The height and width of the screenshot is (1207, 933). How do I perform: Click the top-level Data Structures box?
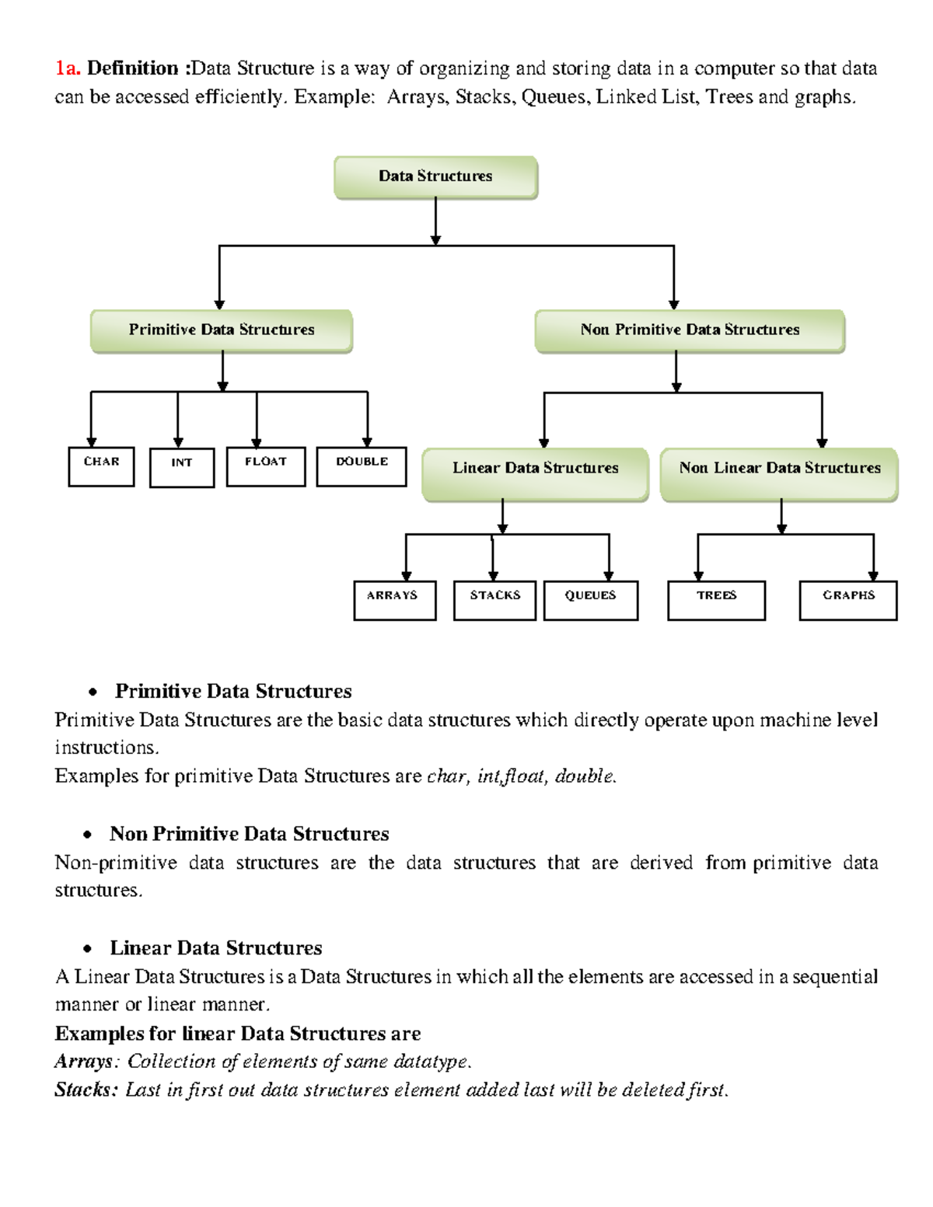click(435, 177)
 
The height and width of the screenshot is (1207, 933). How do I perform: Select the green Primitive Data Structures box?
click(222, 330)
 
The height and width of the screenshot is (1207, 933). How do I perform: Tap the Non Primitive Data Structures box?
click(690, 330)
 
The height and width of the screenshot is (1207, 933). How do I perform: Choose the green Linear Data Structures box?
click(535, 473)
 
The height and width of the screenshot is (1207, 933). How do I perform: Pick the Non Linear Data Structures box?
click(779, 473)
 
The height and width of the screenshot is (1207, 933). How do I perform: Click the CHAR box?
click(101, 466)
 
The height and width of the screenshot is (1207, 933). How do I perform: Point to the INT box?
click(182, 467)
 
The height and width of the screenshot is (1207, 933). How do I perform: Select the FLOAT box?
click(266, 466)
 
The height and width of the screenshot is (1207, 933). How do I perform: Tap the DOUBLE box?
click(362, 466)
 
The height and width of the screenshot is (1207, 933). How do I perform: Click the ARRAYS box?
click(395, 600)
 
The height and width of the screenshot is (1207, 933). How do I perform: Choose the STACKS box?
click(494, 600)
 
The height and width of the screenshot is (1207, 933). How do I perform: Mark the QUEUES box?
click(591, 600)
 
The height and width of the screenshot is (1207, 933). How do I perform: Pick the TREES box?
click(716, 600)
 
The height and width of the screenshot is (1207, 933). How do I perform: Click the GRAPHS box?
click(848, 600)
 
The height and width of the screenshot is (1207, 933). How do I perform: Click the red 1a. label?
click(67, 68)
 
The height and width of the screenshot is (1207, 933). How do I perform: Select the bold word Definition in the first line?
click(133, 68)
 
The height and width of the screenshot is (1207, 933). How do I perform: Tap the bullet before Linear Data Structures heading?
click(88, 949)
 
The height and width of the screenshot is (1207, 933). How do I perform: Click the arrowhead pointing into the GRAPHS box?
click(873, 576)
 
